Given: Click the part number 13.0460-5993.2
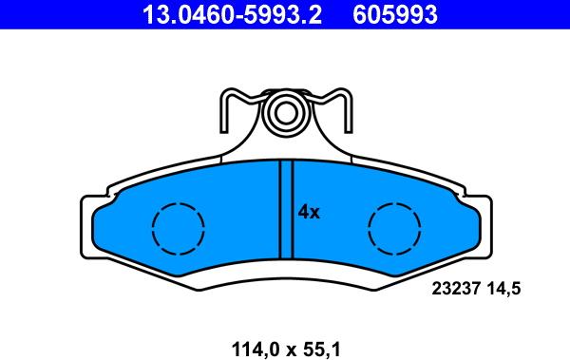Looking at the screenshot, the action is [x=233, y=14].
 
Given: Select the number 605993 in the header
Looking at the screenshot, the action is [x=395, y=14].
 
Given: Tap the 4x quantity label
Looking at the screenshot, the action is [x=309, y=212].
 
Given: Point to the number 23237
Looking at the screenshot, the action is [x=456, y=289].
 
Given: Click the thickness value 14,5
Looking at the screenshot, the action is [x=503, y=289].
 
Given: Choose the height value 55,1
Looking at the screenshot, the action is [x=322, y=350].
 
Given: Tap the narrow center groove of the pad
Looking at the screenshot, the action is [x=286, y=210].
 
